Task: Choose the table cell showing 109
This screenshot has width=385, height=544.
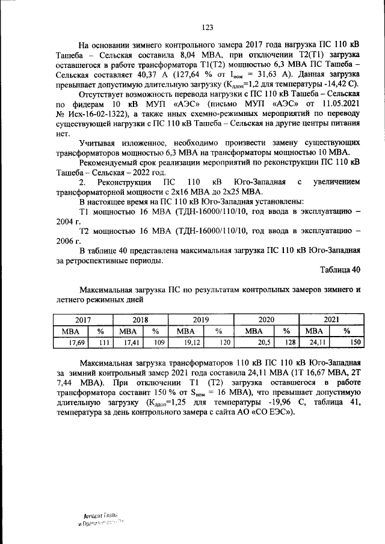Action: point(159,342)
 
